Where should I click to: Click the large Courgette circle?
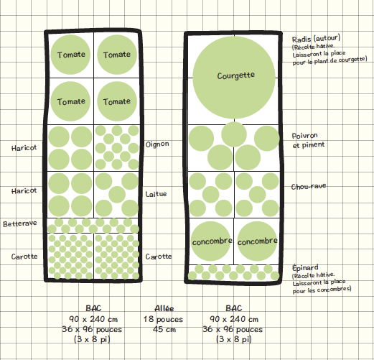234,78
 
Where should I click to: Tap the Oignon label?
157,144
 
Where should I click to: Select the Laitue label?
156,194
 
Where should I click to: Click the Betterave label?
20,223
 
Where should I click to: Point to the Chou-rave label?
309,186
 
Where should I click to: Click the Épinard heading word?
305,267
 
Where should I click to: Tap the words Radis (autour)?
316,39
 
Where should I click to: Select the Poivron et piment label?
308,140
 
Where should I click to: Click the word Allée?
164,308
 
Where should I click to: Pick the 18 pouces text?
163,319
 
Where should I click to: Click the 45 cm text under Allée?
164,329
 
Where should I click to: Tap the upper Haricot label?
24,148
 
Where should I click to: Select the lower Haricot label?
24,191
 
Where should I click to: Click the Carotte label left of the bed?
24,257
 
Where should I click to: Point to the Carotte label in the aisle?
159,257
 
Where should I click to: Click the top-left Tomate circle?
70,55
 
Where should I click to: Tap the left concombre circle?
211,241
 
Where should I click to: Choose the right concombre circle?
257,241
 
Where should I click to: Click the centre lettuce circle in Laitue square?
117,195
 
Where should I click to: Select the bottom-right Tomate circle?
117,101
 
